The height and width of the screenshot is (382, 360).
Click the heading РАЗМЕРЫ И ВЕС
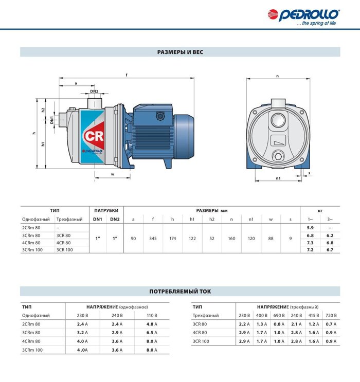tap(180, 52)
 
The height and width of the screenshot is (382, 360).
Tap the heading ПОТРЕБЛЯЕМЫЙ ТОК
tap(180, 291)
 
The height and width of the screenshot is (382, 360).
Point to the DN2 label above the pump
tap(94, 91)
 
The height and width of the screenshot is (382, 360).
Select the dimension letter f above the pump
tap(127, 75)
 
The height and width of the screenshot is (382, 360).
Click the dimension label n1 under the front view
tap(278, 178)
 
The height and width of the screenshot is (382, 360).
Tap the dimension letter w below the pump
tap(113, 174)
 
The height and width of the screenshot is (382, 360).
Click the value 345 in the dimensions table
tap(153, 239)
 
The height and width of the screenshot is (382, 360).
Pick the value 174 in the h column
tap(172, 239)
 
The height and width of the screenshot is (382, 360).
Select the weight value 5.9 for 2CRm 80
tap(310, 228)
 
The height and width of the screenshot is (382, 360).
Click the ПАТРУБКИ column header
tap(106, 210)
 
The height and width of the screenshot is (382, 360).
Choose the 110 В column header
tap(151, 315)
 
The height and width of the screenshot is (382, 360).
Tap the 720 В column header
tap(331, 315)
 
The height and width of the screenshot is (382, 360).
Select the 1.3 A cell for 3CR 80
tap(261, 324)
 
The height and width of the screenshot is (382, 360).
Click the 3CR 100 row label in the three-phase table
tap(201, 341)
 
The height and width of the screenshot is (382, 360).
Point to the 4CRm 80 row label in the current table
tap(31, 341)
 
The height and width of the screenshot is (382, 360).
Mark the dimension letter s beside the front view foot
tap(310, 174)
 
